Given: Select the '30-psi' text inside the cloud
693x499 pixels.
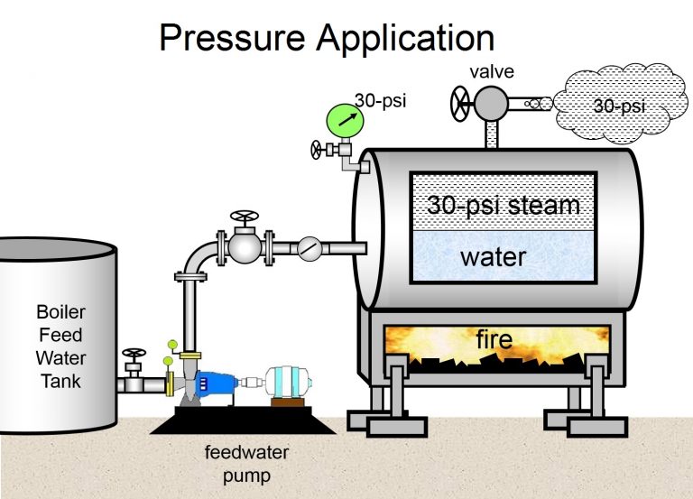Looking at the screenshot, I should coord(619,106).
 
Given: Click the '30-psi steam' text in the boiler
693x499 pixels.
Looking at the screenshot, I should coord(504,205).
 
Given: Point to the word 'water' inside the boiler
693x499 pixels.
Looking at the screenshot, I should coord(493,256).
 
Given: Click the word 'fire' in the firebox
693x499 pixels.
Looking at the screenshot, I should coord(494,340).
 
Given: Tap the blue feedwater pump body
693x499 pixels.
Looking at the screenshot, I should coord(214,383).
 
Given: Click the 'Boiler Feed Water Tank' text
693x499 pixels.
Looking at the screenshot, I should coord(60,347).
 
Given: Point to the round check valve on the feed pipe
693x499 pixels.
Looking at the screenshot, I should coord(309,247).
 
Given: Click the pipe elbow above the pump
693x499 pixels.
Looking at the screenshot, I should coord(194,259).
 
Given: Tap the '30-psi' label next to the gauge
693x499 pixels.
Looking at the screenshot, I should coord(380,100).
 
